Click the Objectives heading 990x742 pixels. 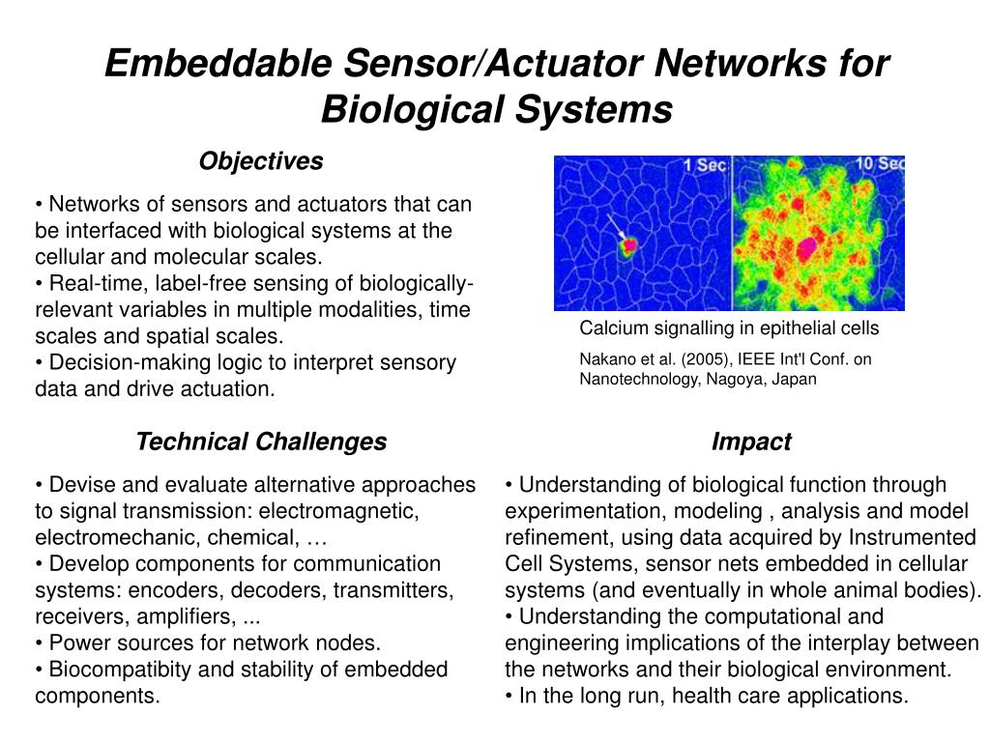point(261,161)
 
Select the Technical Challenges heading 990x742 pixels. point(261,442)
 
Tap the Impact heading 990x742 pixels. point(751,442)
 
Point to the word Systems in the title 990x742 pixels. point(594,109)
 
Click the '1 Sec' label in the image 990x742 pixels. point(705,165)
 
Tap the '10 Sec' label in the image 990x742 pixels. point(880,163)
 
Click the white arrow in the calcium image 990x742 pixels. point(616,226)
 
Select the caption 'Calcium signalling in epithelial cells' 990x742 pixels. point(729,328)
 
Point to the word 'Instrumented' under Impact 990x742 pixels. point(912,537)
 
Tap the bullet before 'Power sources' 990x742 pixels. point(39,643)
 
